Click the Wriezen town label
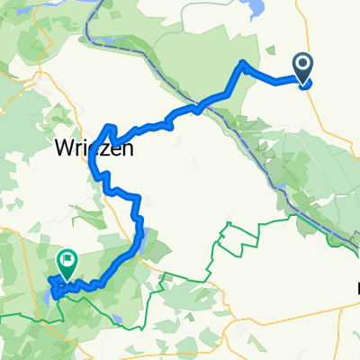coord(94,148)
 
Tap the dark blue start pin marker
coord(303,69)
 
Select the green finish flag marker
coord(67,262)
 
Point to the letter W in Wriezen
coord(65,148)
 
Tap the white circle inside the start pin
coord(303,64)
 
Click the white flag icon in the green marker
coord(67,259)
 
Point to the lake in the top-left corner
coord(36,4)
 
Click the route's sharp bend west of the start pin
coord(243,64)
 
